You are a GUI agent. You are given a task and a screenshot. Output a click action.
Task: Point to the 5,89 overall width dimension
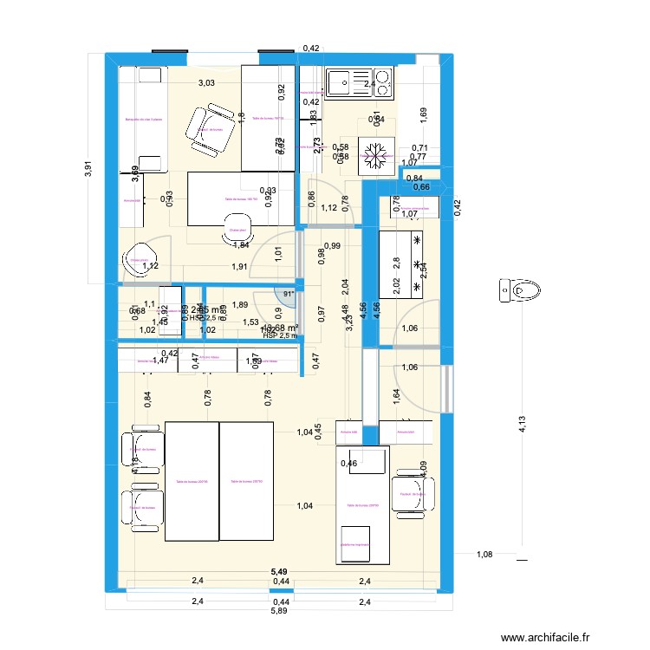coord(279,611)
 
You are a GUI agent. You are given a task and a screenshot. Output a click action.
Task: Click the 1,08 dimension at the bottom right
coord(483,554)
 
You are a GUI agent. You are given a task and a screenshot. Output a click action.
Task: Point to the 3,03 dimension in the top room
coord(206,84)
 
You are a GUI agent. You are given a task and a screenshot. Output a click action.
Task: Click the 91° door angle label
coord(288,294)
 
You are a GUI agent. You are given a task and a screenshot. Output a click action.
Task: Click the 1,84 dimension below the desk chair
coord(241,245)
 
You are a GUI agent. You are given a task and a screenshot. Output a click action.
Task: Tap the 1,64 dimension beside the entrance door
coord(395,398)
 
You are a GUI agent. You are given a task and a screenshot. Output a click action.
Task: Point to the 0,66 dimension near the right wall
coord(421,187)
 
